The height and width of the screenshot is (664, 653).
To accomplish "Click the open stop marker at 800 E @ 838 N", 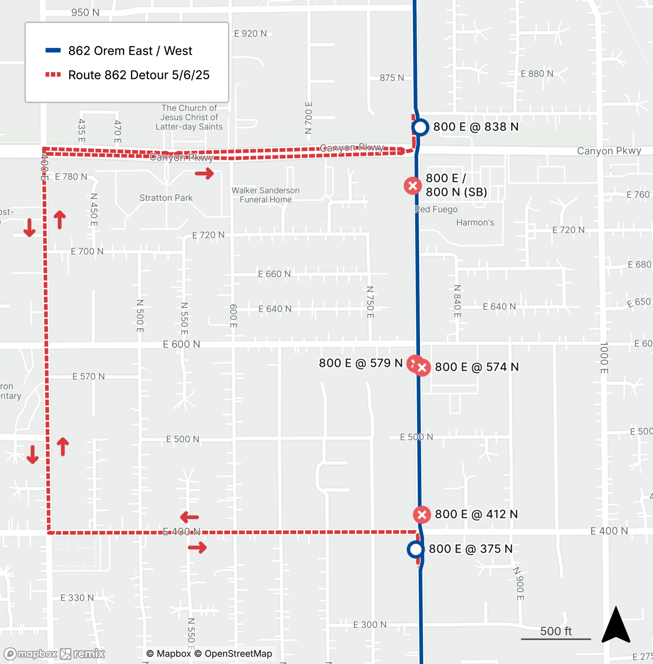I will (420, 127).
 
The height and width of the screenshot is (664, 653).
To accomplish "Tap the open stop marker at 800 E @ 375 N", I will (416, 549).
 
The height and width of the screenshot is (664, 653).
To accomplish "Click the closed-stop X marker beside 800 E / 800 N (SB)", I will (413, 186).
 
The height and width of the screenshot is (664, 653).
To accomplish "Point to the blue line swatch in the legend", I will (53, 50).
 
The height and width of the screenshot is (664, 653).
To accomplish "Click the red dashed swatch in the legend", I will (53, 75).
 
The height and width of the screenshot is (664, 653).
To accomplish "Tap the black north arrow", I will (616, 625).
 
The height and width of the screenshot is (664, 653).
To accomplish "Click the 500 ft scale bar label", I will (555, 631).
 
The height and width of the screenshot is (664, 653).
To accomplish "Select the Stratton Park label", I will (166, 198).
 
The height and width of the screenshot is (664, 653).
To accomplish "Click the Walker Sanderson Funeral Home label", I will (265, 195).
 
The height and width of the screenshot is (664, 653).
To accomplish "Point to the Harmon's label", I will (475, 222).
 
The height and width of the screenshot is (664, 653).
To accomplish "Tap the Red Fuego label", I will (436, 209).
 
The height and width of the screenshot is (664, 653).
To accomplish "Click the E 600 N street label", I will (181, 344).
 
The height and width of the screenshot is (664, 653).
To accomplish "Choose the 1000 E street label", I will (604, 358).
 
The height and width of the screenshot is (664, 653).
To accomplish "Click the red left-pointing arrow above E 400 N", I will (189, 517).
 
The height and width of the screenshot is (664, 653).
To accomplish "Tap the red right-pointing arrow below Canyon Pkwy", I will (204, 174).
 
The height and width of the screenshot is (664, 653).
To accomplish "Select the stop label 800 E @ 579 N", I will (360, 363).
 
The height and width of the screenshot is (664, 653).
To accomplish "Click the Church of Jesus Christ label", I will (189, 118).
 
